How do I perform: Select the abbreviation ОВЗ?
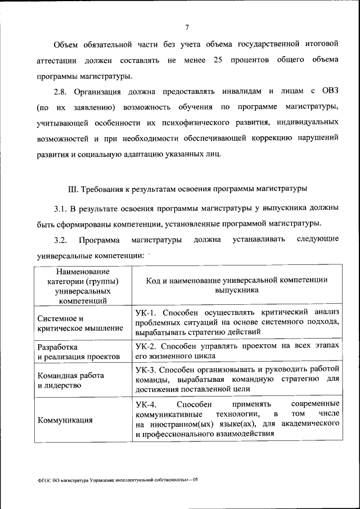point(329,91)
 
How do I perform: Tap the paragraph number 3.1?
point(61,209)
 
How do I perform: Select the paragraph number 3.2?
point(61,241)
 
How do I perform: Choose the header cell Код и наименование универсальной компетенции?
point(236,285)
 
